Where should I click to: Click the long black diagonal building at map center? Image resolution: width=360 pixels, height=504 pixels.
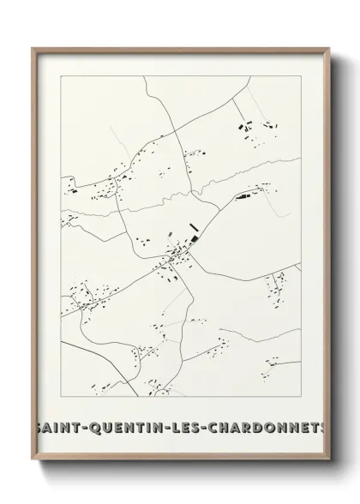pos(194,230)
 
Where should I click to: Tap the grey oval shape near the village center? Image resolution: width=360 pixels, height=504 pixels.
pos(171,233)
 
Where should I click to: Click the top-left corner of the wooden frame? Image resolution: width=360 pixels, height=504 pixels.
pos(33,48)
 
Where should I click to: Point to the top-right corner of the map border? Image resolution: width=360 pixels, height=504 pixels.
pos(301,75)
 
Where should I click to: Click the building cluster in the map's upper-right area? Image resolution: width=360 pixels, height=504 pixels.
pos(255,129)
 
